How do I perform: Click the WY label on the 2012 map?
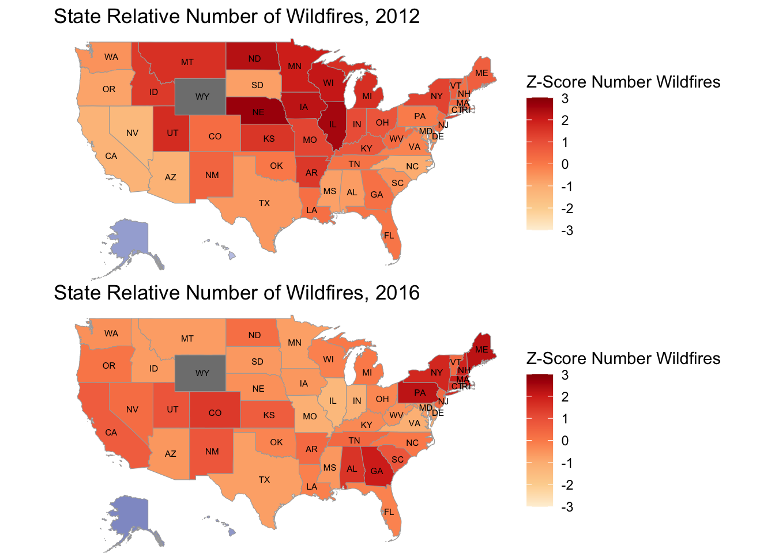[202, 97]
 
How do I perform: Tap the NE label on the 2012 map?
[258, 113]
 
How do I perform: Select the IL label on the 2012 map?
[333, 124]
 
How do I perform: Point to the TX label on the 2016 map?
[264, 480]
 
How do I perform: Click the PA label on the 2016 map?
[420, 393]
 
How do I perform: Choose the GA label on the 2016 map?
[377, 471]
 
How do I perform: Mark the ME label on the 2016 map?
[481, 350]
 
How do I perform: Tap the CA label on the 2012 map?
[111, 156]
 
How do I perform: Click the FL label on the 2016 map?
[389, 512]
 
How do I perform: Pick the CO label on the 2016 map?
[215, 413]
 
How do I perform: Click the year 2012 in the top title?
[397, 16]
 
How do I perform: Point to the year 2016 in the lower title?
[397, 293]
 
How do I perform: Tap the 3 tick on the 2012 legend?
[565, 99]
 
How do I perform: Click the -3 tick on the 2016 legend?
[567, 507]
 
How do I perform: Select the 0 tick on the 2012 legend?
[565, 164]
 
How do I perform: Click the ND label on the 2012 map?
[254, 59]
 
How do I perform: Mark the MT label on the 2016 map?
[187, 339]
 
